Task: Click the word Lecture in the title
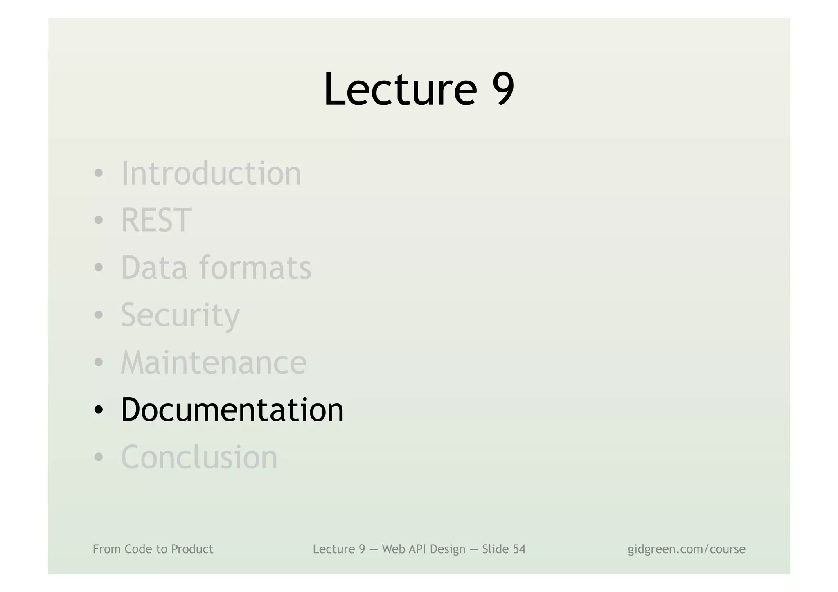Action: tap(400, 89)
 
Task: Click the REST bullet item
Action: tap(156, 220)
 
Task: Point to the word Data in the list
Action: tap(154, 268)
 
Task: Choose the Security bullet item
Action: tap(180, 315)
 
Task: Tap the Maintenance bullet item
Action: tap(214, 362)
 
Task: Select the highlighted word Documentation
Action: tap(232, 410)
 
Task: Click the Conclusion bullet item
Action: tap(199, 457)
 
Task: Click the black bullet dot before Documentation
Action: tap(98, 410)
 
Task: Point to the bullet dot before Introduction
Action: tap(98, 173)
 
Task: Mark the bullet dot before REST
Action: tap(98, 221)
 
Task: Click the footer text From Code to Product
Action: tap(153, 549)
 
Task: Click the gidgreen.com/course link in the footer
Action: tap(687, 549)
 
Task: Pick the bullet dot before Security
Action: tap(98, 315)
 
